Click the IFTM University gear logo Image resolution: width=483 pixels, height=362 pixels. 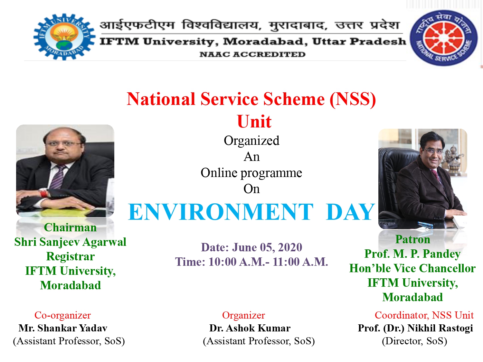click(x=64, y=37)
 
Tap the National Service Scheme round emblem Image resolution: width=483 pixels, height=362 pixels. click(x=443, y=38)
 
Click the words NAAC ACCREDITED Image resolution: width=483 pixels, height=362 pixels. click(x=252, y=54)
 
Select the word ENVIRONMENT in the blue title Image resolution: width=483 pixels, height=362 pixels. click(x=221, y=212)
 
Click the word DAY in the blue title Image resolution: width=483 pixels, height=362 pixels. click(x=351, y=212)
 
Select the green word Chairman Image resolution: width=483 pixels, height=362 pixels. click(x=70, y=227)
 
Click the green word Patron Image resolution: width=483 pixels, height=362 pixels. click(x=412, y=239)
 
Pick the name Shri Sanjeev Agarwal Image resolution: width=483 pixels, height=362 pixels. click(x=70, y=242)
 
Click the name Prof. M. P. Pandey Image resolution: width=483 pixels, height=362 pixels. click(x=412, y=254)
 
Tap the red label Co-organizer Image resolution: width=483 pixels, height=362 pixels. click(x=62, y=315)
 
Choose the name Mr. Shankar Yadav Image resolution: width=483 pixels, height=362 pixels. click(x=63, y=328)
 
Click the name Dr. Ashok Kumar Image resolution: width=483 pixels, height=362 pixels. click(x=250, y=328)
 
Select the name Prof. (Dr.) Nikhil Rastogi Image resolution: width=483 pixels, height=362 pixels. click(x=415, y=328)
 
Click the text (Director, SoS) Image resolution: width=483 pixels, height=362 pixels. click(x=414, y=341)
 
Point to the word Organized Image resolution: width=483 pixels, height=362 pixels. click(x=251, y=141)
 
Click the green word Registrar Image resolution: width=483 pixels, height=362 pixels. click(x=71, y=256)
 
